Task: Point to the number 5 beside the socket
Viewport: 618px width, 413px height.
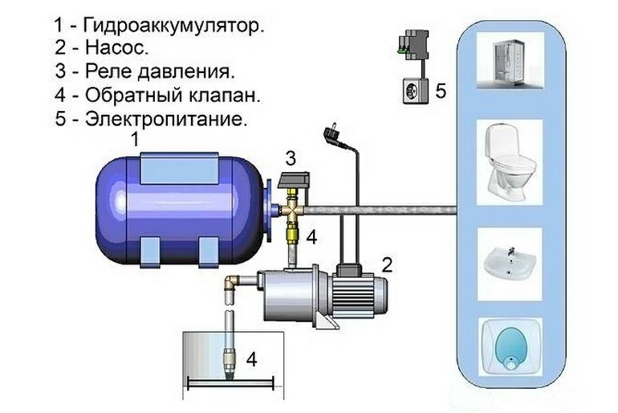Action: click(440, 91)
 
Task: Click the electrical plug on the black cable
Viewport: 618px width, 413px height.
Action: click(329, 132)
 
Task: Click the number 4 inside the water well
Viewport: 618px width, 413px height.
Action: click(251, 359)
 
